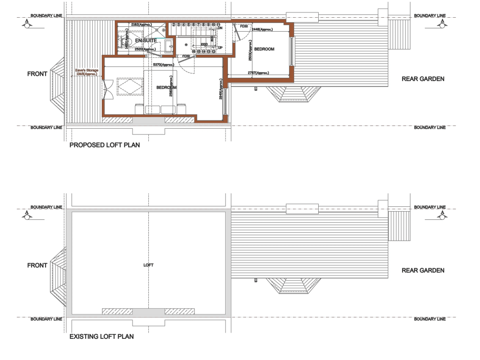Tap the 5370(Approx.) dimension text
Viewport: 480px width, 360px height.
(x=163, y=65)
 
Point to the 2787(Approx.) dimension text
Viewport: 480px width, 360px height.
(x=258, y=73)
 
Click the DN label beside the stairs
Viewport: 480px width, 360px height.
(x=220, y=28)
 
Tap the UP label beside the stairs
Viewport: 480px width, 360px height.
(x=220, y=48)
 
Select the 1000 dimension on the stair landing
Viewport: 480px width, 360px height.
(x=204, y=44)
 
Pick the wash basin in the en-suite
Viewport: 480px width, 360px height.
(x=169, y=46)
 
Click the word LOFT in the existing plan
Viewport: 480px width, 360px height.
(x=148, y=265)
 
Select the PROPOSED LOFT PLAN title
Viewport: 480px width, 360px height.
(x=105, y=144)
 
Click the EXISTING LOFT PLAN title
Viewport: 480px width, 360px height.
(x=101, y=336)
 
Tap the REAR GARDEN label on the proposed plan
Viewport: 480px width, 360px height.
(x=423, y=79)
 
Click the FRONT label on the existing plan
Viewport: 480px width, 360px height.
(x=37, y=265)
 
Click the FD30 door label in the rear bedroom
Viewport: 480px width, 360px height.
(x=244, y=26)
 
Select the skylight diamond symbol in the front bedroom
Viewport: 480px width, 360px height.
(x=130, y=86)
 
